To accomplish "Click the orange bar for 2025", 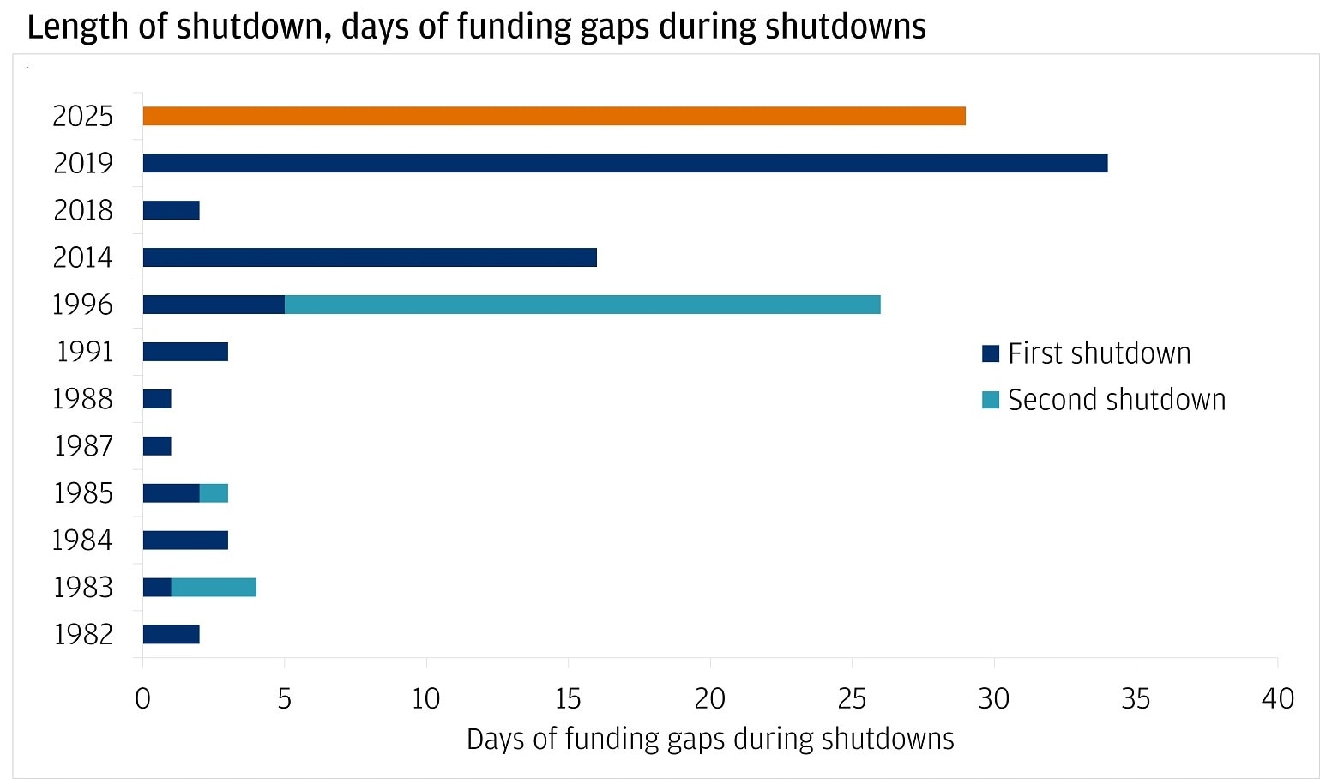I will [554, 116].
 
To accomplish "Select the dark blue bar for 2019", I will [624, 163].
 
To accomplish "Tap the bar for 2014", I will [369, 257].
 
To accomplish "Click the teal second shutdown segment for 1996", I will [582, 305].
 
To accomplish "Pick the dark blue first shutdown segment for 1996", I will [213, 305].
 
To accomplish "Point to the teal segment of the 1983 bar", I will [214, 587].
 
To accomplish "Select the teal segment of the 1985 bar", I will [214, 492].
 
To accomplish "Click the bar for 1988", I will [157, 399].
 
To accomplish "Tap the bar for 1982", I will [171, 634].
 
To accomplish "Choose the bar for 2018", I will [171, 210].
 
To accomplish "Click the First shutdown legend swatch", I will [991, 353].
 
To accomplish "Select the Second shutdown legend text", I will [1116, 400].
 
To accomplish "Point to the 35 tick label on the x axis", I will [1135, 698].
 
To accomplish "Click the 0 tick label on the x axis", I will [142, 698].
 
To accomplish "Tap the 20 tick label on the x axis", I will [709, 698].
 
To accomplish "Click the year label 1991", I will [84, 352].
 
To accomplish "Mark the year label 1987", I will [83, 446].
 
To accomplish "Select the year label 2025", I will [82, 116].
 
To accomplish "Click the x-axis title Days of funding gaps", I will [709, 739].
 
